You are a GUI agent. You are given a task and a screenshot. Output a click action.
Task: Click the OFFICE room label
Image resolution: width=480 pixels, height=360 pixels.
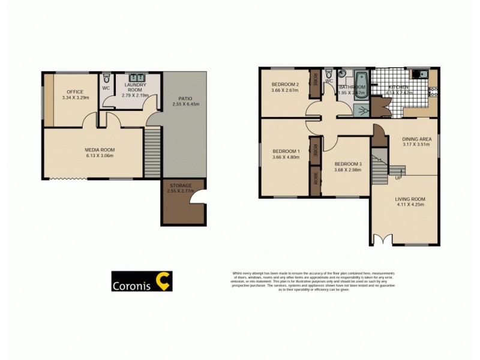tap(74, 92)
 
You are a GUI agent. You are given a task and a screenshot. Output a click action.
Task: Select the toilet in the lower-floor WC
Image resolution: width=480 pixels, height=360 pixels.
tap(106, 78)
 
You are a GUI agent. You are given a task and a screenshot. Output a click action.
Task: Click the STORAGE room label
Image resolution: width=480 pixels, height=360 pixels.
tap(180, 186)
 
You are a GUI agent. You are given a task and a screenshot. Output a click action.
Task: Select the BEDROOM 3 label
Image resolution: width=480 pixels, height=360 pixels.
tap(348, 164)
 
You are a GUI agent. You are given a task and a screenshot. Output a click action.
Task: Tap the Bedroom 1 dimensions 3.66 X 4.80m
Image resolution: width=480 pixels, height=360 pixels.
tap(286, 158)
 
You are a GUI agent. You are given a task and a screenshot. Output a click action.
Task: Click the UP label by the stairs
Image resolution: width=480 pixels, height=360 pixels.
tap(398, 178)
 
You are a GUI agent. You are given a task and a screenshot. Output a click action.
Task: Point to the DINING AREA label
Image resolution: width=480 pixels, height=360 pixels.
tap(417, 139)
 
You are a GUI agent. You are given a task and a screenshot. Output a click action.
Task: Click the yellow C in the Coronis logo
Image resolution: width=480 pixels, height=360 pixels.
tap(162, 281)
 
